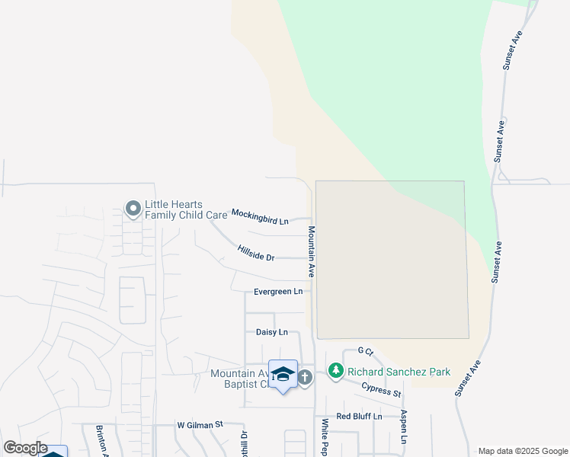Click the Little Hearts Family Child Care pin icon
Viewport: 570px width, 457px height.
coord(133,208)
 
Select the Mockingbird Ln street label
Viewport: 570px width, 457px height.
coord(260,217)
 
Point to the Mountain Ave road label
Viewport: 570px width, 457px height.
coord(312,251)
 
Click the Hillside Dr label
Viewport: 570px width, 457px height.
coord(255,253)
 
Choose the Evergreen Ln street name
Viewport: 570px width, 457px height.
coord(278,292)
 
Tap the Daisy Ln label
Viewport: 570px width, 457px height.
coord(272,332)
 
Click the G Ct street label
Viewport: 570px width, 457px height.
coord(365,351)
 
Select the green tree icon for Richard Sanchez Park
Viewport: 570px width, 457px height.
coord(335,371)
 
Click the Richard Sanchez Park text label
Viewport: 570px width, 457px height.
coord(399,372)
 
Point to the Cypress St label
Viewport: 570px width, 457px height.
coord(381,391)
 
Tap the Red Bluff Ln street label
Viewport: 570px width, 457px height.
coord(358,416)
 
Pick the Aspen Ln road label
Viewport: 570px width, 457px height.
coord(403,427)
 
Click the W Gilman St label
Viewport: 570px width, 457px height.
coord(199,424)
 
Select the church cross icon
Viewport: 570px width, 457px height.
coord(305,377)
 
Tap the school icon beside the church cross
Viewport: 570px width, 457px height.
coord(283,374)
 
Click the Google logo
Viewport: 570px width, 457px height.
coord(25,448)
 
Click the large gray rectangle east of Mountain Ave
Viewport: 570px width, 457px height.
coord(391,260)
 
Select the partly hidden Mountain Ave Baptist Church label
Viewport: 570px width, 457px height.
coord(240,379)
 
